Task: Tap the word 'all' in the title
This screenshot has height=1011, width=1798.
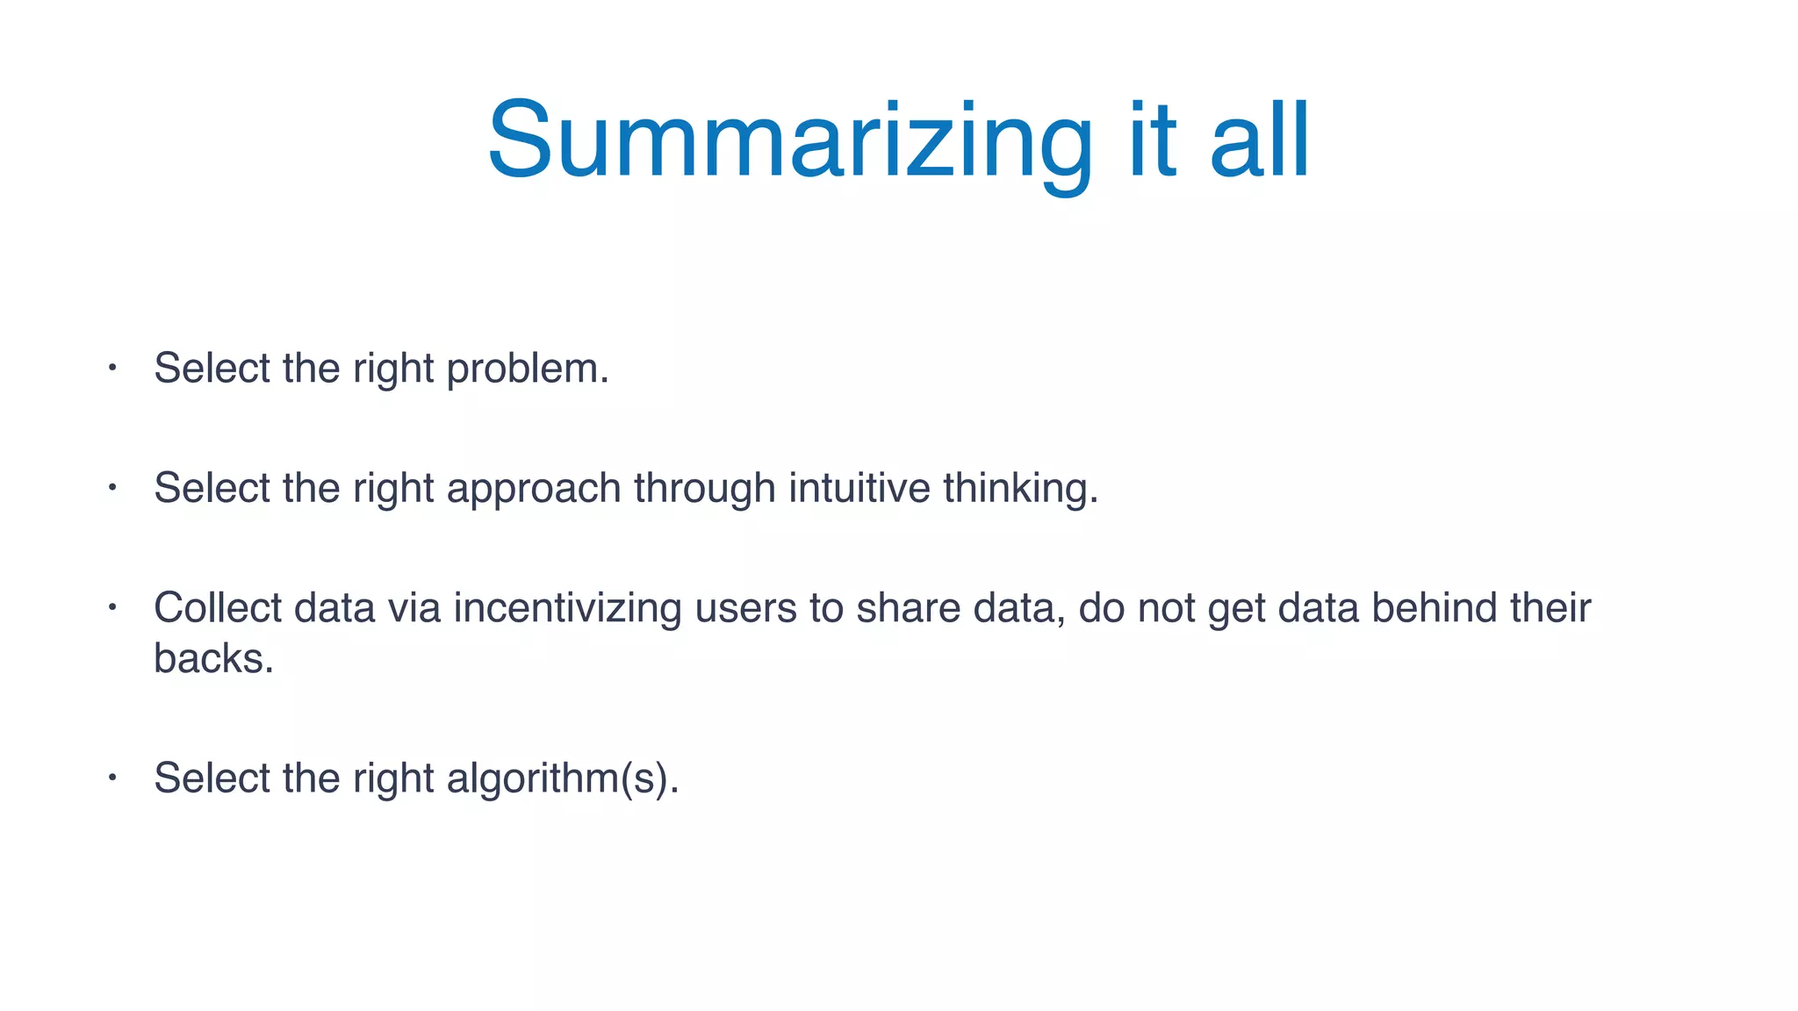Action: (x=1259, y=140)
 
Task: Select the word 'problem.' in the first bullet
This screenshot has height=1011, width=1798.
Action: (x=528, y=369)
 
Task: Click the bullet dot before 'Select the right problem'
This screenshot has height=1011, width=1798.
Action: (x=112, y=368)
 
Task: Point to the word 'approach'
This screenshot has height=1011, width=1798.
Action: (x=534, y=489)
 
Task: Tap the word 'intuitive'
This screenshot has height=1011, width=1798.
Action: (x=859, y=488)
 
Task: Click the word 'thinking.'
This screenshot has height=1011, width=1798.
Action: (x=1020, y=489)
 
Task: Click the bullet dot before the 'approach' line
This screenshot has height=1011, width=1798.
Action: (x=112, y=486)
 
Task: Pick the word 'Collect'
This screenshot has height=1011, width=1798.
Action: (x=218, y=607)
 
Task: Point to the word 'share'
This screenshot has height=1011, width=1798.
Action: (x=908, y=607)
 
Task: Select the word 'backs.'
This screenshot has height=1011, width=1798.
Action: (x=213, y=658)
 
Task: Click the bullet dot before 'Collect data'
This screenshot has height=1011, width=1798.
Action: (x=112, y=606)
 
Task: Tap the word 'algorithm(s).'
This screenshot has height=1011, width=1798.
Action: (x=563, y=778)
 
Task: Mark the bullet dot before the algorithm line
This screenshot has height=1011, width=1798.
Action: (x=112, y=777)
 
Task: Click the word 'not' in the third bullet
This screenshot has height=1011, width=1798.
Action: (x=1166, y=608)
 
